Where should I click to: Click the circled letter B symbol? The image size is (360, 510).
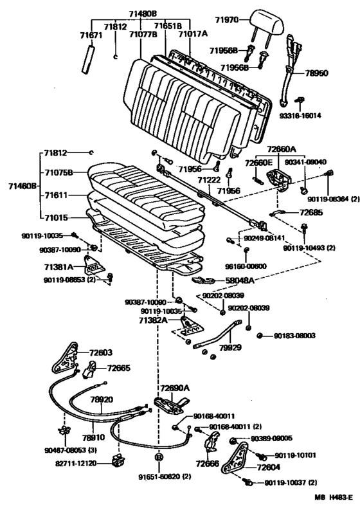click(158, 457)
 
